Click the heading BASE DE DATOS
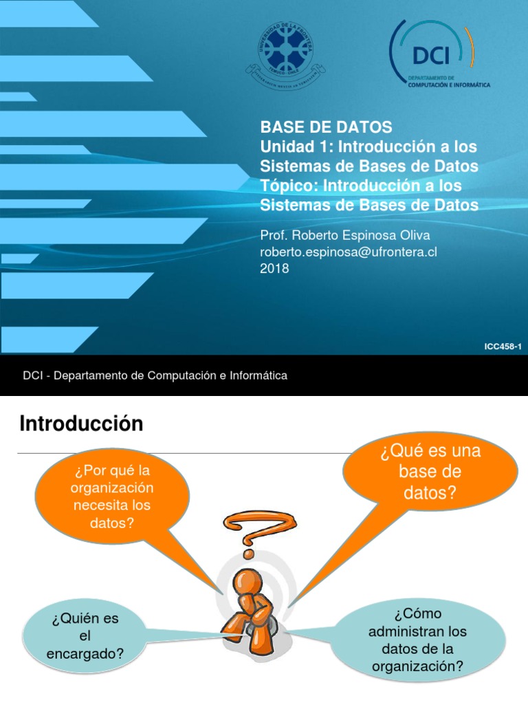(326, 127)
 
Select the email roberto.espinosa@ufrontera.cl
(349, 252)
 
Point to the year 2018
(274, 269)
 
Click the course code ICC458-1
(503, 347)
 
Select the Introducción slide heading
(81, 424)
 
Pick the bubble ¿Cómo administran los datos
(417, 639)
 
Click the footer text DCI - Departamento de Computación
(155, 375)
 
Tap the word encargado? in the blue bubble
(85, 654)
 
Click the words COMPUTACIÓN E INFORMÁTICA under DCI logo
(449, 86)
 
